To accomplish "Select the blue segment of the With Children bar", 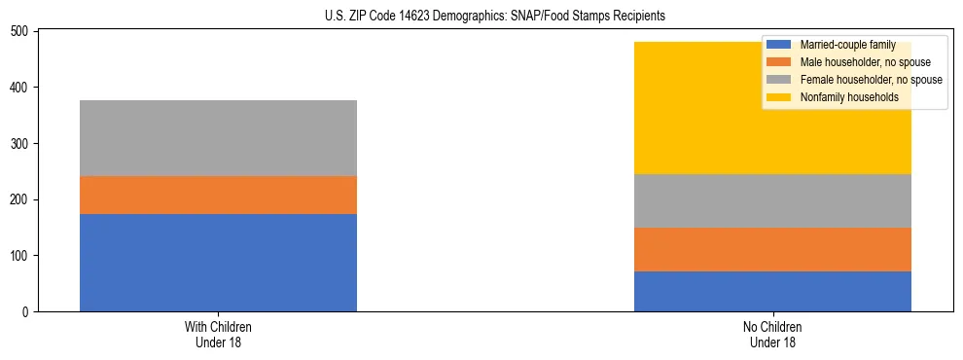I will [x=218, y=263].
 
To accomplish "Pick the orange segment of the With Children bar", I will [x=218, y=196].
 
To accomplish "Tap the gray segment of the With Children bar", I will [x=218, y=138].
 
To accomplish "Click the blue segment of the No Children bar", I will [x=772, y=292].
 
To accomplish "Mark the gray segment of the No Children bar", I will [x=772, y=201].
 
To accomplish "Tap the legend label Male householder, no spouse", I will [x=865, y=62].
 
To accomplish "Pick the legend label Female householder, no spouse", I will [x=871, y=80].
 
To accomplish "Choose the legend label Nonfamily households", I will [x=848, y=97].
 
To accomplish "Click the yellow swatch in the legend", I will [x=779, y=97].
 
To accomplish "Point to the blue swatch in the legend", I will [x=779, y=46].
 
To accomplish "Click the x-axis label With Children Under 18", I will [x=218, y=334].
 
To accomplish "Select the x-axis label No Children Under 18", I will [x=772, y=334].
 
